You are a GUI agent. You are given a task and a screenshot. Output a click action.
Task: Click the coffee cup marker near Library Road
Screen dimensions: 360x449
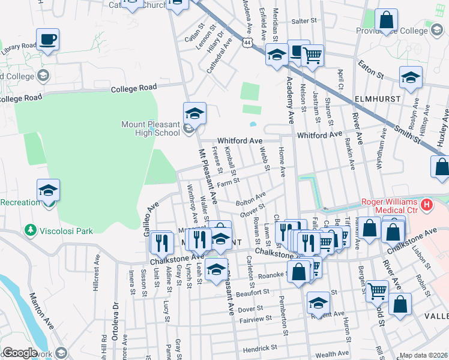(48, 40)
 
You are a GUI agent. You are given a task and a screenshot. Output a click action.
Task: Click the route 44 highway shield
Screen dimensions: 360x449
(248, 43)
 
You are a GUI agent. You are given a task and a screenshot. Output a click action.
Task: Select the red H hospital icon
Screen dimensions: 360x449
(427, 205)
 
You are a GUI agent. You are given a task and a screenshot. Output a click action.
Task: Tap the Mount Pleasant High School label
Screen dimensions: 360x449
(150, 129)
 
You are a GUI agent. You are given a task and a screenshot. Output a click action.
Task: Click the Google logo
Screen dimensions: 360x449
(19, 353)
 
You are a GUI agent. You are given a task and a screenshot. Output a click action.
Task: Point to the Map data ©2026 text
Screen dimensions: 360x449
(424, 355)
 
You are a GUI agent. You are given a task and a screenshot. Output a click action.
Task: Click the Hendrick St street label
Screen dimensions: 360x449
(260, 347)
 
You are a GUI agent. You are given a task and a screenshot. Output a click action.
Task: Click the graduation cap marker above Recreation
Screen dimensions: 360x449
(48, 191)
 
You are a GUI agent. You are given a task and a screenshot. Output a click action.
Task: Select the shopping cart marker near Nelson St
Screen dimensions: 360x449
(313, 56)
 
